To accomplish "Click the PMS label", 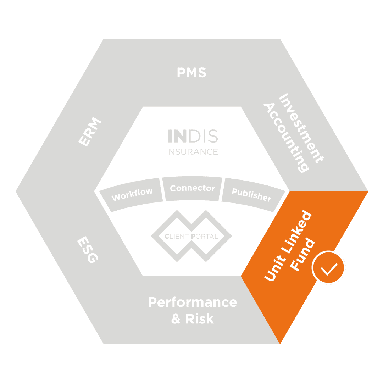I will tap(191, 73).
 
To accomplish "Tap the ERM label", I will tap(90, 132).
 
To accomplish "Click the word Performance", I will tap(192, 302).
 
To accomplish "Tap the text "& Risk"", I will tap(192, 319).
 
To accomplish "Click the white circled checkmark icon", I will tap(328, 267).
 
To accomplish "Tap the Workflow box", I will tap(132, 194).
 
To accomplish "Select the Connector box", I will tap(192, 188).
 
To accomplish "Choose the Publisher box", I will tap(251, 194).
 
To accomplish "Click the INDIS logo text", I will tap(192, 136).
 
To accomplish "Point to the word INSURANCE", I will tap(192, 152).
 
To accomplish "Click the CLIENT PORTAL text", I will tap(191, 236).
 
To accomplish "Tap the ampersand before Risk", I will tap(176, 319).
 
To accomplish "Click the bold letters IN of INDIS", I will tap(175, 136).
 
